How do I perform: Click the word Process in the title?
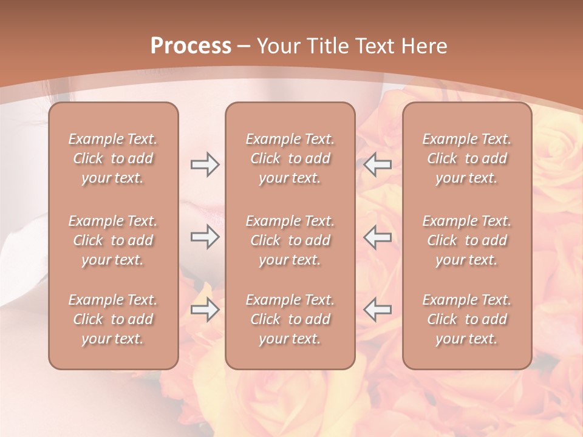pyautogui.click(x=191, y=46)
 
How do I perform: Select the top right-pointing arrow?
pyautogui.click(x=205, y=164)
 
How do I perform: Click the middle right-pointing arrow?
pyautogui.click(x=205, y=237)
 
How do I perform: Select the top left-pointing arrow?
pyautogui.click(x=378, y=164)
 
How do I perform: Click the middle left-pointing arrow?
pyautogui.click(x=378, y=237)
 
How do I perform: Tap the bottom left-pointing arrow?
pyautogui.click(x=378, y=310)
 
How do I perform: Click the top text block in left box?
pyautogui.click(x=113, y=158)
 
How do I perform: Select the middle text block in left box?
pyautogui.click(x=113, y=240)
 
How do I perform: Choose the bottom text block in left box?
pyautogui.click(x=113, y=319)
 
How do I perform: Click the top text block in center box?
pyautogui.click(x=290, y=158)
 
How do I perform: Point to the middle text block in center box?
pyautogui.click(x=290, y=240)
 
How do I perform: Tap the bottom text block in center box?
pyautogui.click(x=290, y=319)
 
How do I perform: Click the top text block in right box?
pyautogui.click(x=467, y=158)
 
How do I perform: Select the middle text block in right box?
pyautogui.click(x=467, y=240)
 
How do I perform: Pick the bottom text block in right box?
pyautogui.click(x=467, y=319)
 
